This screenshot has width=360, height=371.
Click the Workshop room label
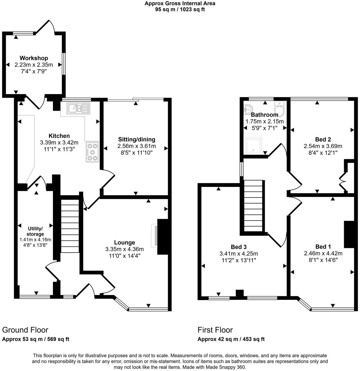coord(34,58)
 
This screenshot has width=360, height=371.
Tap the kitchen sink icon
coord(78,108)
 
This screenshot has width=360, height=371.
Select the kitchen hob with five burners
coord(92,152)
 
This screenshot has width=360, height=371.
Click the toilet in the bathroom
coord(279,107)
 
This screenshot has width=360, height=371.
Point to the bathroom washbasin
coord(248,109)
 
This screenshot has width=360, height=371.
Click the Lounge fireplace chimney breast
coord(163,237)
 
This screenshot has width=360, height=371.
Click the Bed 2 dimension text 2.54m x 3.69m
coord(323,146)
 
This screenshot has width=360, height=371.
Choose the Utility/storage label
coord(35,231)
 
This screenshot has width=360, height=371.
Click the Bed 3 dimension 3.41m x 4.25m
coord(238,254)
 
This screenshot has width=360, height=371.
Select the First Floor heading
coord(215,330)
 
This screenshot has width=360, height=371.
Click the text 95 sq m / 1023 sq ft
coord(180,9)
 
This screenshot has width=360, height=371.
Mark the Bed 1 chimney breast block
coord(349,234)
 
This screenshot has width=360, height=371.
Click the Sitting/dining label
coord(137,139)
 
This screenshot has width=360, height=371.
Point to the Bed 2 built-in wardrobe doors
coord(343,181)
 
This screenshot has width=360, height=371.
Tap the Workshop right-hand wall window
coord(64,64)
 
